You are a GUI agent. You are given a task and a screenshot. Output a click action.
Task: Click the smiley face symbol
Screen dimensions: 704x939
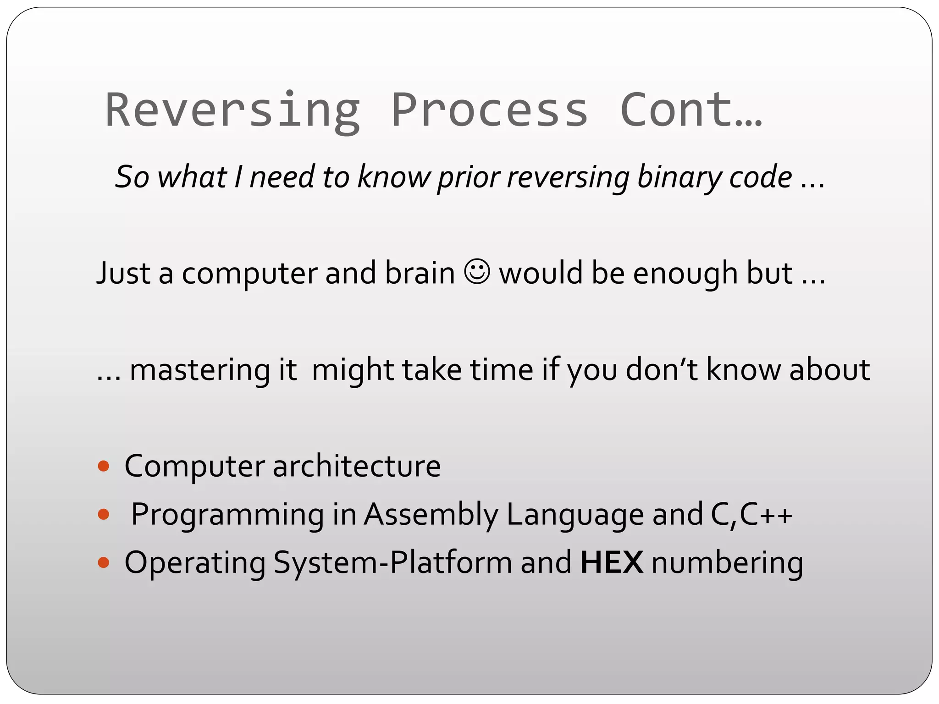point(477,272)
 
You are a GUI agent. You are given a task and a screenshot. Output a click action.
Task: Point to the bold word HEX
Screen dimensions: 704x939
point(612,562)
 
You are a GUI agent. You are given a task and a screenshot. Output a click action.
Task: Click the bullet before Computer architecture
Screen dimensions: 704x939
point(104,466)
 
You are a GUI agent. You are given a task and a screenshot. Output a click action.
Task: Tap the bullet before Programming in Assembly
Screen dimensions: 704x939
point(104,514)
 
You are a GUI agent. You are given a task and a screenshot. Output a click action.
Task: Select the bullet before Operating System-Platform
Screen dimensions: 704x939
point(104,562)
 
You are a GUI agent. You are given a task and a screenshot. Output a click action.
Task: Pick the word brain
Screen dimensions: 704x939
point(420,273)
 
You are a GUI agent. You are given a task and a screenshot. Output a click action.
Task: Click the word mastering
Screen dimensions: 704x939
point(199,370)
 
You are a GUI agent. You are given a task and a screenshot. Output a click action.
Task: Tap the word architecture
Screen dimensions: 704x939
point(356,466)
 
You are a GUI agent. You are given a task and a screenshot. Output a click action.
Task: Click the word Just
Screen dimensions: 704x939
point(123,273)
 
